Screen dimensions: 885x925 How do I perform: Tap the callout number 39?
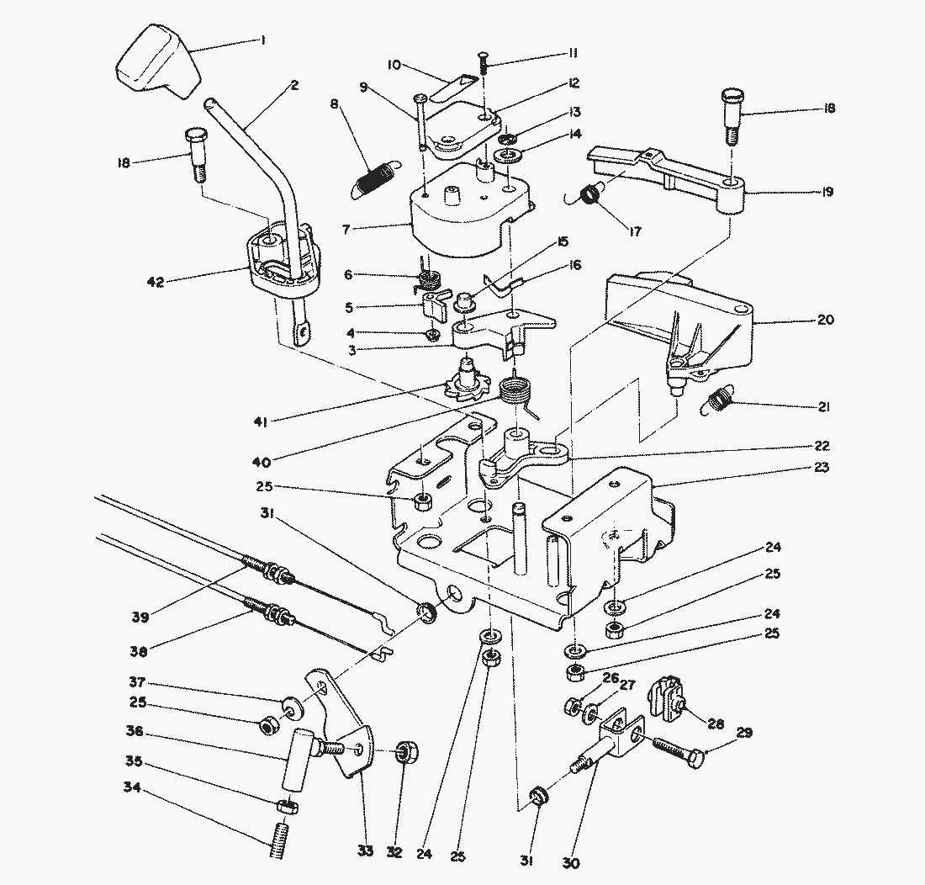[140, 617]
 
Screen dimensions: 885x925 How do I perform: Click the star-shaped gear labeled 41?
[464, 384]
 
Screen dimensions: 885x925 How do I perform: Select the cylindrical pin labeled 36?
[295, 760]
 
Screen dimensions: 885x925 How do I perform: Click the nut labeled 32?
[407, 751]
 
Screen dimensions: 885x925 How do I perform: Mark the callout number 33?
[364, 851]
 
